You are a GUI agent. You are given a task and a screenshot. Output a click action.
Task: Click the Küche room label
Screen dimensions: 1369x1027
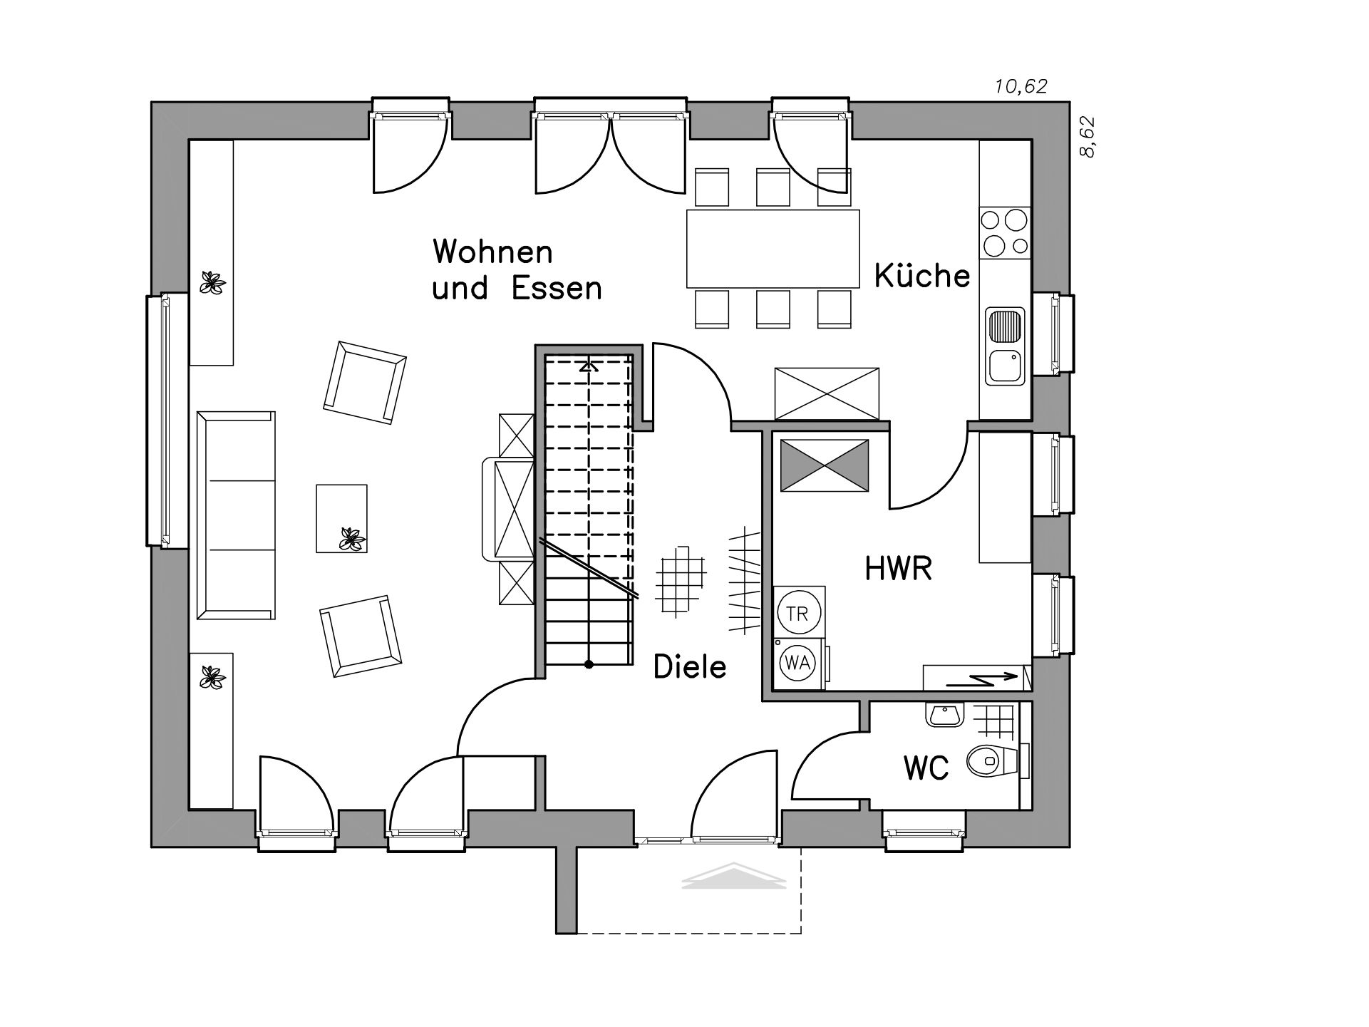tap(922, 275)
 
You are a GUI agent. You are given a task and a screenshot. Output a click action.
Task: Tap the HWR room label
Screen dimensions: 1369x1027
tap(898, 569)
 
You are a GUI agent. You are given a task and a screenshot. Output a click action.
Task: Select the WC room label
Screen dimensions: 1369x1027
tap(926, 768)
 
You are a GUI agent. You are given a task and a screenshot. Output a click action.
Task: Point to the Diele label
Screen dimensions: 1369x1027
tap(690, 667)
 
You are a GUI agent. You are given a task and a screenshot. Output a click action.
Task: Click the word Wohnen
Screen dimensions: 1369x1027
tap(492, 252)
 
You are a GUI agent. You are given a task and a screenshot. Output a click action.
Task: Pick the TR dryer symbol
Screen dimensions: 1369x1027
tap(798, 612)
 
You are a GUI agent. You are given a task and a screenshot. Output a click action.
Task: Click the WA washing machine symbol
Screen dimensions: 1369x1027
tap(797, 663)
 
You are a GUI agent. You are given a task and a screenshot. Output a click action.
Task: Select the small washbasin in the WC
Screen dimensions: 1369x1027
tap(945, 714)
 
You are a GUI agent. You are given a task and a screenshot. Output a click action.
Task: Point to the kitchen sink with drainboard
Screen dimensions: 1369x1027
tap(1005, 345)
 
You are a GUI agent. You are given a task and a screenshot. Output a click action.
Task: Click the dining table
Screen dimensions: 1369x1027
tap(773, 248)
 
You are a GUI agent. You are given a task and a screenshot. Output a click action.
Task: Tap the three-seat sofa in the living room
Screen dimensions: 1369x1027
tap(236, 515)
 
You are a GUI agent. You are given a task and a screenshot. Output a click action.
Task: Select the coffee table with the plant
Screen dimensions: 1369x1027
tap(341, 518)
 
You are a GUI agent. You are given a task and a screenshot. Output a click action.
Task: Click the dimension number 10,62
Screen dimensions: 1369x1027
tap(1021, 87)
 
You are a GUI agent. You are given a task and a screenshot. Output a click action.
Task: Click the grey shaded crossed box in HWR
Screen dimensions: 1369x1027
tap(825, 465)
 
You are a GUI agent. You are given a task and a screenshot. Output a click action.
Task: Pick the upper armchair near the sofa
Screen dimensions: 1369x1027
tap(365, 383)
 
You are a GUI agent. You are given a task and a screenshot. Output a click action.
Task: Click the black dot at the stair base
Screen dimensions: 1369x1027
tap(589, 665)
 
